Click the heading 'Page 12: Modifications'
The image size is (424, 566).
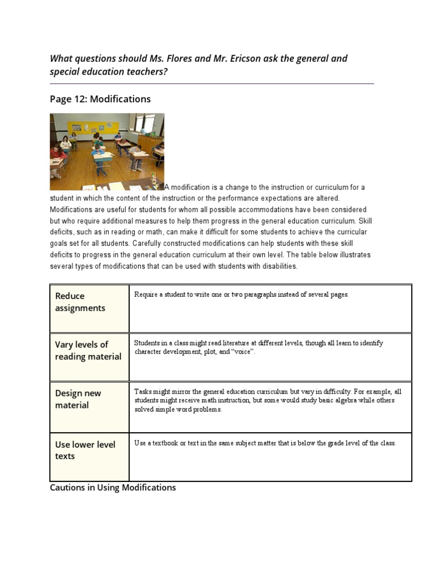point(100,99)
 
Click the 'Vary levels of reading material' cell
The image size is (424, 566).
point(89,350)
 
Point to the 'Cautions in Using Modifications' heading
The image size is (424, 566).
point(113,488)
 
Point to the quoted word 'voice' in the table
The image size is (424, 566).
point(243,352)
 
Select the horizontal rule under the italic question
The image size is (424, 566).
point(211,83)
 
